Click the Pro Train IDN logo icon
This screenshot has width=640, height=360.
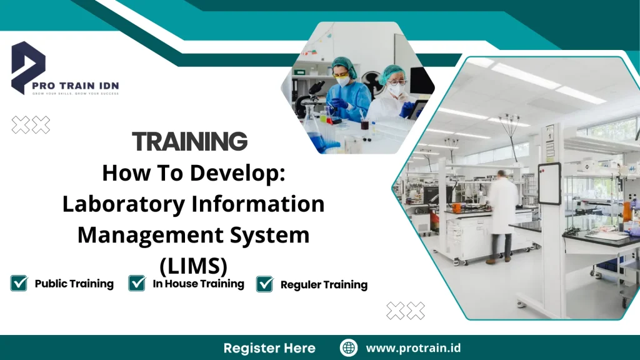29,66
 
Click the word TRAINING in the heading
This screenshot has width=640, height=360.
190,142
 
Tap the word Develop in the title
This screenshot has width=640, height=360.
241,173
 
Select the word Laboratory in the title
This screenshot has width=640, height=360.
120,204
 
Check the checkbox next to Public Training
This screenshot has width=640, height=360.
19,284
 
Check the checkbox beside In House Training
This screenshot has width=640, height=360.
137,284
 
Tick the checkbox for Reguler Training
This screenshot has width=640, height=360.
265,284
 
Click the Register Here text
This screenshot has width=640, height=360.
269,348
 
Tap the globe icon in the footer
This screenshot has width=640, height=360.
349,348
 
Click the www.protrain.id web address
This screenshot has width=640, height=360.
413,348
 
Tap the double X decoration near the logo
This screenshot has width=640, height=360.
31,125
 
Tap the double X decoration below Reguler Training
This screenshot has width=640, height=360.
406,311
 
